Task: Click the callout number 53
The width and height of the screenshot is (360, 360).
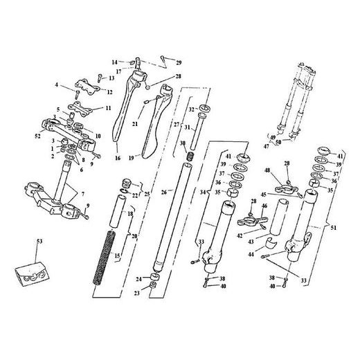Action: coord(39,242)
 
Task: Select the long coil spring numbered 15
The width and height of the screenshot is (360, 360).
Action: coord(104,258)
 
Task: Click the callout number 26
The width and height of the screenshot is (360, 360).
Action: coord(164,192)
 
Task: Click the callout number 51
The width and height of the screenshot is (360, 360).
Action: coord(334,228)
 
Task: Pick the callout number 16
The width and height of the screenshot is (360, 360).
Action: coord(118,158)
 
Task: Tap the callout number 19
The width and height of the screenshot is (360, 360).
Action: coord(132,159)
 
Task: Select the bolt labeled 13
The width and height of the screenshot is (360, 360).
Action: coord(100,78)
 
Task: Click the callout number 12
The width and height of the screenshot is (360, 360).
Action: coord(110,92)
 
